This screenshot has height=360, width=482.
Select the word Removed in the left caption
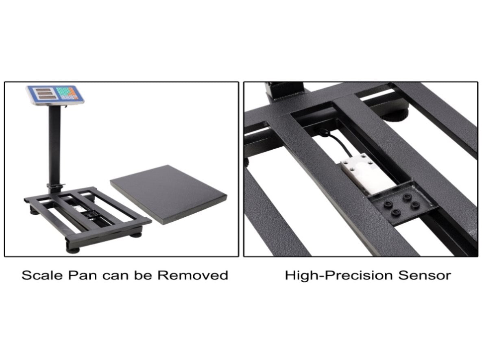pos(193,275)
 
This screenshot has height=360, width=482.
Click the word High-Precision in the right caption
pos(339,275)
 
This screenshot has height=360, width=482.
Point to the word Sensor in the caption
pos(425,275)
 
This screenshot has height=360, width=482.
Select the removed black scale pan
pos(168,194)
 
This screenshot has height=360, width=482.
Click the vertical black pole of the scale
pos(55,144)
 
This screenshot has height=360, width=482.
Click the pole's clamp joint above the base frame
pos(55,187)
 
